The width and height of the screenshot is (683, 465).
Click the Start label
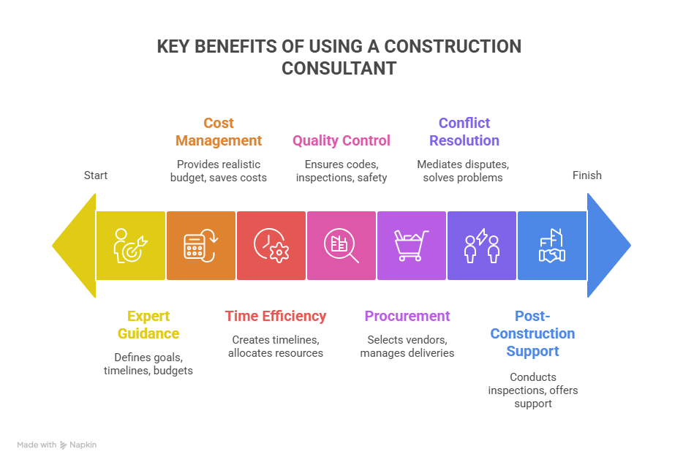95,175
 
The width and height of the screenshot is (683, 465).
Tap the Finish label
586,175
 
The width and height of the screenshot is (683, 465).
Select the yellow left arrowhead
74,246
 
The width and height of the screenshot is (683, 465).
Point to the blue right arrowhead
609,246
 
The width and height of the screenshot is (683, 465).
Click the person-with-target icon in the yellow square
130,246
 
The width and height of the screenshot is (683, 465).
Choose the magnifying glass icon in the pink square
341,246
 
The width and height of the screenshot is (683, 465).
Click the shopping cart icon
411,246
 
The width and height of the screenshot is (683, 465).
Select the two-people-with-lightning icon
482,246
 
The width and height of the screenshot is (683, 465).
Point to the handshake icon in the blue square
552,246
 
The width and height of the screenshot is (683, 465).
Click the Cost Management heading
219,132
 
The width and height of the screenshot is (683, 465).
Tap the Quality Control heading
341,140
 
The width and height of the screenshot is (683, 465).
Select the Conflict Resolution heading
464,132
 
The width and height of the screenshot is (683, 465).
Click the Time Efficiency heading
276,316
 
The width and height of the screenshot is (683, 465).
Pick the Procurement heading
407,316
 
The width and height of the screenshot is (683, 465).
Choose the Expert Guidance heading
148,325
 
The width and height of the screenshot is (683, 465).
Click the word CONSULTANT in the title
339,68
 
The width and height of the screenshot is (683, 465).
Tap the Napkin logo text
83,445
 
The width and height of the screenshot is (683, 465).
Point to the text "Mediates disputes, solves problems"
463,170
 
